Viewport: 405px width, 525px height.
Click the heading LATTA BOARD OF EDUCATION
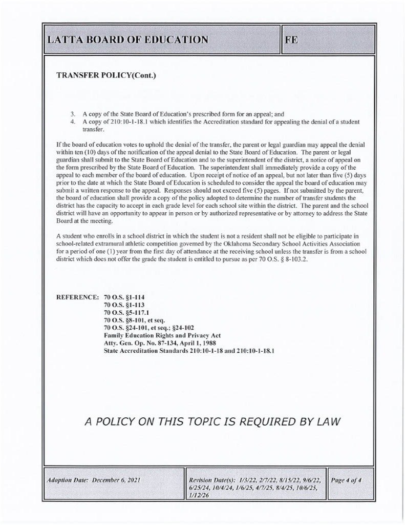point(127,40)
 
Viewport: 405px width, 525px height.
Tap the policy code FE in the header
point(291,40)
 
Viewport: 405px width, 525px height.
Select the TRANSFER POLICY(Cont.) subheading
point(106,76)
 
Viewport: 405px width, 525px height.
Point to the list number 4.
point(73,122)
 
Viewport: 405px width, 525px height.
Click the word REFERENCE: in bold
point(77,297)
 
